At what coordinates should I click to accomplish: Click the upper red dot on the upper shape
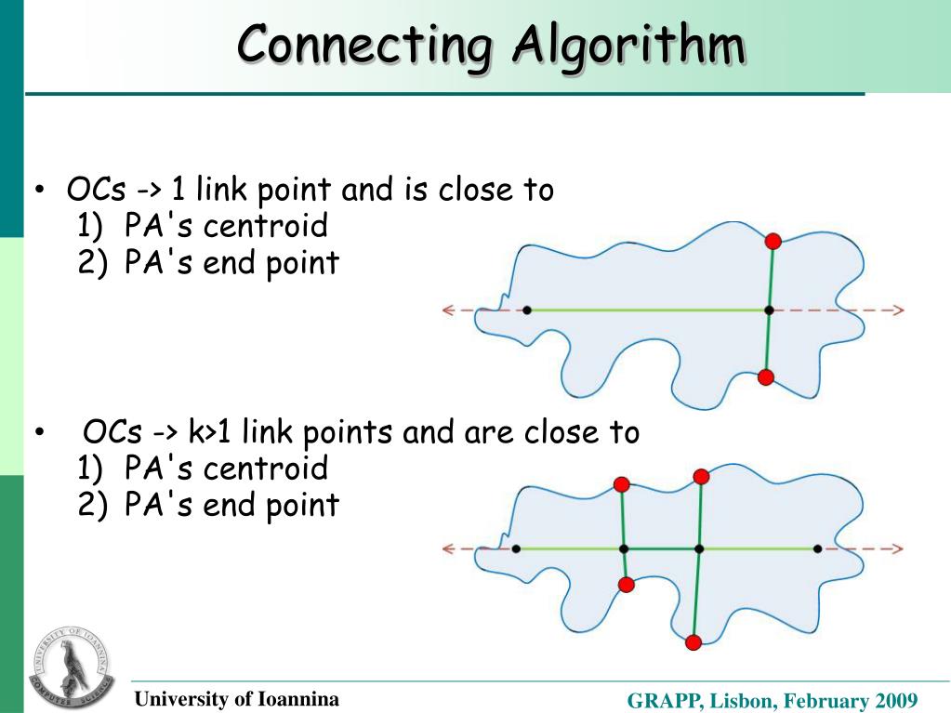[773, 242]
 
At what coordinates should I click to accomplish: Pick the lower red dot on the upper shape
[765, 376]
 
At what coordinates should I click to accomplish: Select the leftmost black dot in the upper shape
[527, 310]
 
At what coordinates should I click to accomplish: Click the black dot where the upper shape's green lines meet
[769, 310]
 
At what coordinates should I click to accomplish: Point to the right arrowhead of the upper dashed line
[898, 310]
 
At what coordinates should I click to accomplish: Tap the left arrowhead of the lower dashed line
[448, 548]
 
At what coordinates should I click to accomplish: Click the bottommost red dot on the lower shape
[693, 642]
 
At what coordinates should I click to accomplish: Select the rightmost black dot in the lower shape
[817, 548]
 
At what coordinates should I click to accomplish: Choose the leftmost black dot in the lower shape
[516, 548]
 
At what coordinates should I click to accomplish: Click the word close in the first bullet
[472, 191]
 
